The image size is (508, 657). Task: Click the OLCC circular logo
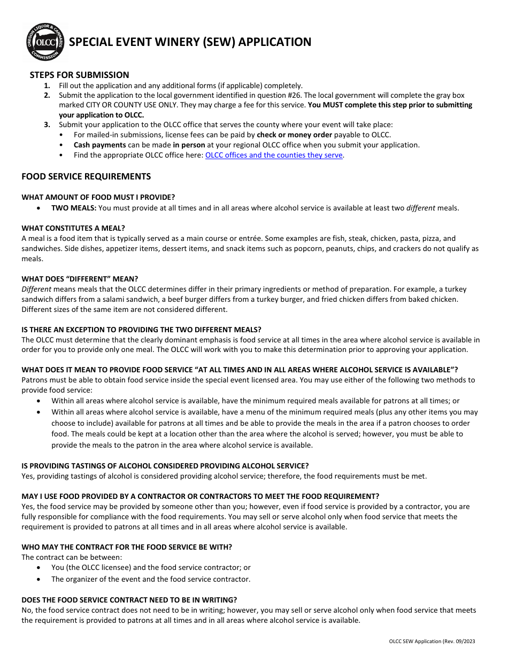coord(45,43)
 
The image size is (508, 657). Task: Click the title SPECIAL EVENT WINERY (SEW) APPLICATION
coord(190,42)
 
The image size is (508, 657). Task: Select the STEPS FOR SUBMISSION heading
coord(79,75)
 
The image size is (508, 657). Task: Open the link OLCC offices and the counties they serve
coord(274,155)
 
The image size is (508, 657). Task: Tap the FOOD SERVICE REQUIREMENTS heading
coord(86,176)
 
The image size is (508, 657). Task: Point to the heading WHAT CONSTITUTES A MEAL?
coord(73,228)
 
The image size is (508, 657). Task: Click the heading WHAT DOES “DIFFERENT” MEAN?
coord(80,279)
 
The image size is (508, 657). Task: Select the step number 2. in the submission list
coord(47,95)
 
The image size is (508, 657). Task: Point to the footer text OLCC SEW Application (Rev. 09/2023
coord(432,642)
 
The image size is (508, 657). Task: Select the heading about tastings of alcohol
coord(165,466)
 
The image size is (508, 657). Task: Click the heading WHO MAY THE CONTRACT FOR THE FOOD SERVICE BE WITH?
coord(127,547)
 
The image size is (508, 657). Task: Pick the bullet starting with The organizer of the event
coord(151,579)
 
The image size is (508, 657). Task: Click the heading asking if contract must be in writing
coord(129,600)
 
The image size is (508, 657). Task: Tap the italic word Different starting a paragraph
coord(36,289)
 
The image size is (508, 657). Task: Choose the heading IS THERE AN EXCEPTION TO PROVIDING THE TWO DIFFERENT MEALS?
coord(141,330)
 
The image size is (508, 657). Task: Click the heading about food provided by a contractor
coord(200,496)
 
